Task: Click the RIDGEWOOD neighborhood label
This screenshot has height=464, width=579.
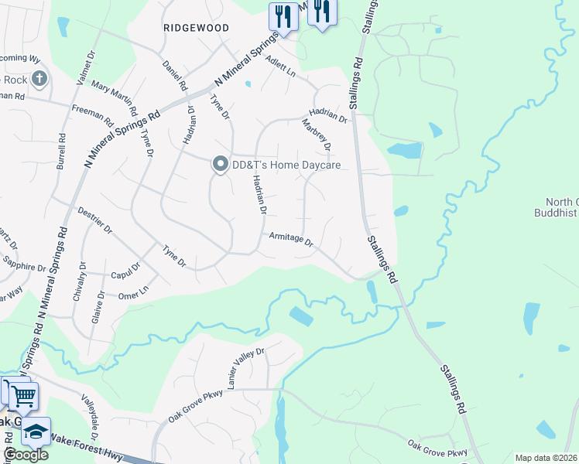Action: coord(197,27)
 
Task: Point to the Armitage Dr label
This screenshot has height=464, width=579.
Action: coord(290,241)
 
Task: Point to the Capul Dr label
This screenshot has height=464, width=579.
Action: coord(125,271)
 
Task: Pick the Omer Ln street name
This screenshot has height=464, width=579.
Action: coord(132,292)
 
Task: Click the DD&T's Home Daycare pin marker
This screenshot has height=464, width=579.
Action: coord(220,164)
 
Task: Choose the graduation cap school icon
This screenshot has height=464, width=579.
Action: coord(36,431)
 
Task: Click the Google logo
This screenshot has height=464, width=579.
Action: coord(26,455)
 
